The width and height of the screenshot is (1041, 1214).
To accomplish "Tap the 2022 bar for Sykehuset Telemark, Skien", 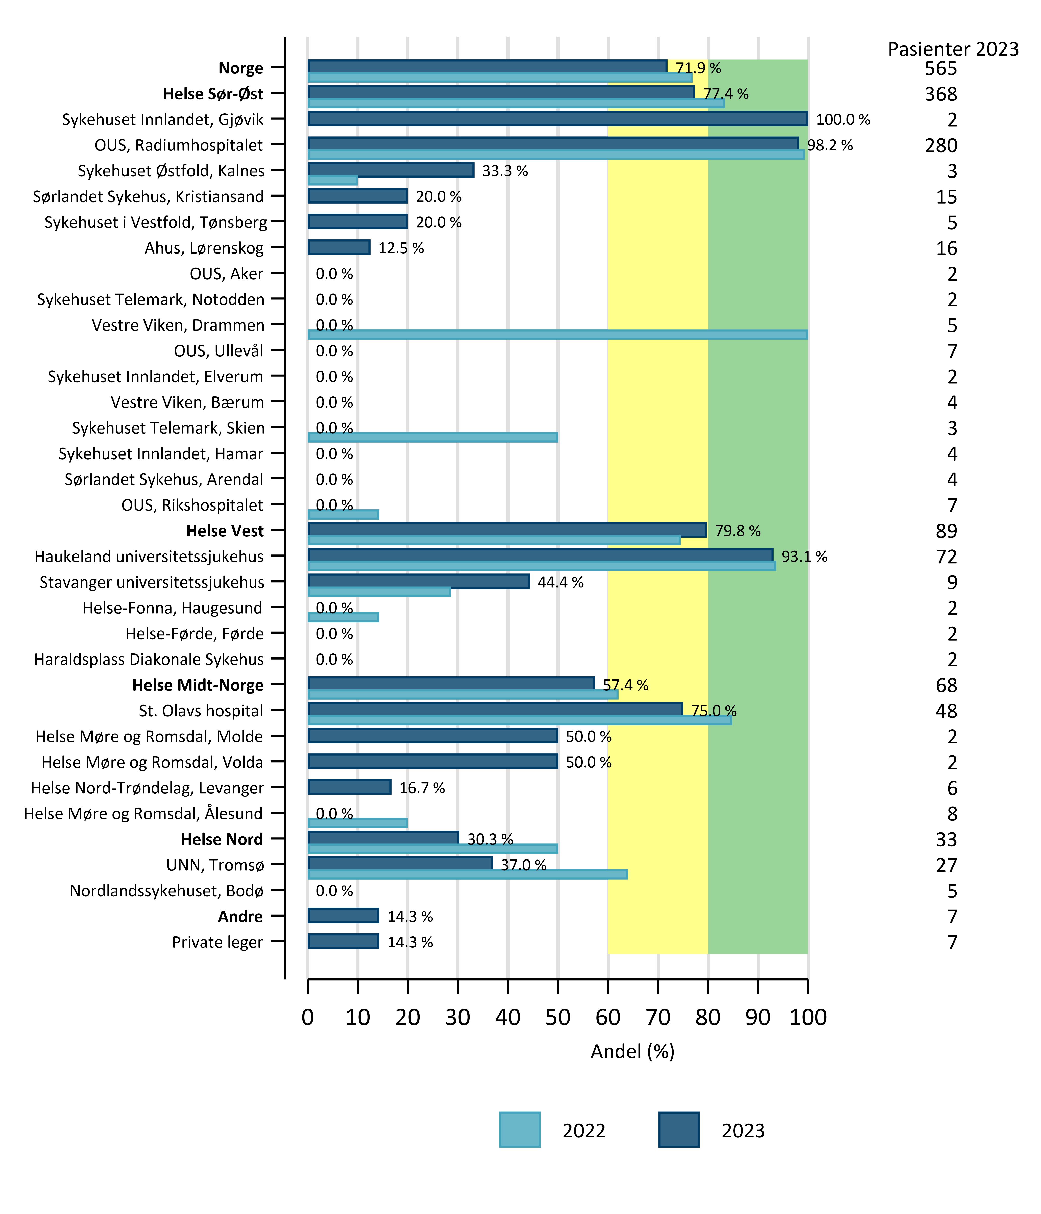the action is [432, 437].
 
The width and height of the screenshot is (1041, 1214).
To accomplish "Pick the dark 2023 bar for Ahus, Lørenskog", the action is [339, 247].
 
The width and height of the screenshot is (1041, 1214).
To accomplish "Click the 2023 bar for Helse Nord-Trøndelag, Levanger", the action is [349, 787].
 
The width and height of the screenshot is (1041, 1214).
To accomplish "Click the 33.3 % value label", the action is [505, 171].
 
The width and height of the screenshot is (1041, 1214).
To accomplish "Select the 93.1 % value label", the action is [804, 557].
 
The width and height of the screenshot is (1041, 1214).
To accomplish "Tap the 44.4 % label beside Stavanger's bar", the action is [560, 583].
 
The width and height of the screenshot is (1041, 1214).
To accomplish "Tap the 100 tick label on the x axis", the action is [808, 1017].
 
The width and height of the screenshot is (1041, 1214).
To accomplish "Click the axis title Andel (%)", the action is [633, 1052].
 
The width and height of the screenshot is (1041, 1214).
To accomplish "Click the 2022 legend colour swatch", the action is [520, 1130].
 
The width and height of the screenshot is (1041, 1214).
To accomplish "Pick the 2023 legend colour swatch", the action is [679, 1130].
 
